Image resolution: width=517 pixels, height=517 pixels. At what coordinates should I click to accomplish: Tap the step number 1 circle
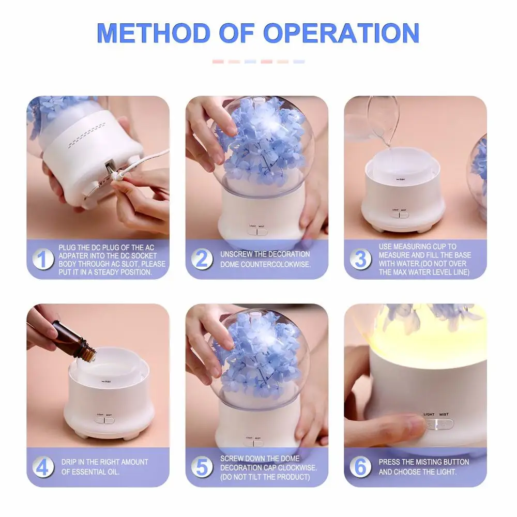43,258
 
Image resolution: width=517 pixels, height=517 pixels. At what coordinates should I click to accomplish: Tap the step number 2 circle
202,258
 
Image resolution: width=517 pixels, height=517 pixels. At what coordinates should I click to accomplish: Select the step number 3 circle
360,258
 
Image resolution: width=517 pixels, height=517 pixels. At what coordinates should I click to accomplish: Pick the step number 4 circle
43,467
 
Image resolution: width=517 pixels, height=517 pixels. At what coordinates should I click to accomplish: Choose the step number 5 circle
202,467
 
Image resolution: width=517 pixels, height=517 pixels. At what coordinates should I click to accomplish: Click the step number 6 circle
360,467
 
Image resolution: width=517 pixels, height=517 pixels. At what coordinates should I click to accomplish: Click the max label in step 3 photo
400,178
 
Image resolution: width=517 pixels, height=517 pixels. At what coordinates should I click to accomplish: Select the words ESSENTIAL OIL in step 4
90,472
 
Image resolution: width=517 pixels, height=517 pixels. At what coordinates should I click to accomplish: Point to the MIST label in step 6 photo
444,414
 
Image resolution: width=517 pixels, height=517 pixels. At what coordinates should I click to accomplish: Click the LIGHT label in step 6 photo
429,414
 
